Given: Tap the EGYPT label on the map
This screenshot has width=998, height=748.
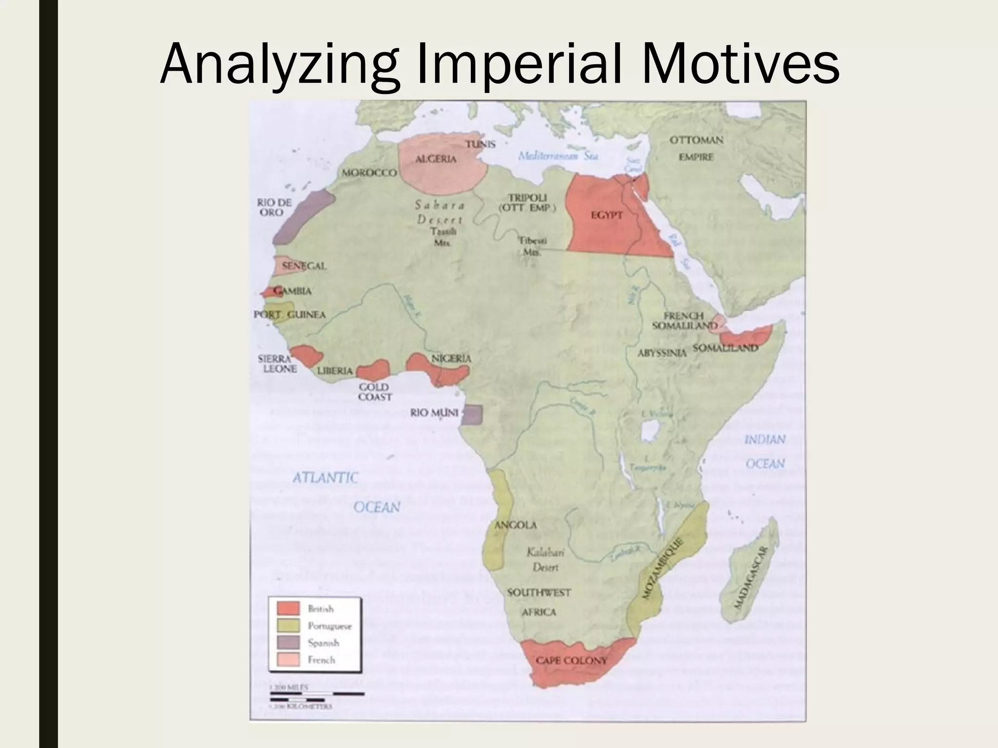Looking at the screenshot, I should pyautogui.click(x=607, y=215).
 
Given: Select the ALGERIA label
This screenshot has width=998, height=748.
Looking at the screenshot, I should pyautogui.click(x=436, y=159).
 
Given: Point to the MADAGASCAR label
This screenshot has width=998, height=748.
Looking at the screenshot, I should pyautogui.click(x=751, y=577).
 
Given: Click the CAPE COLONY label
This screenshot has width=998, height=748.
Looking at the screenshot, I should pyautogui.click(x=571, y=661).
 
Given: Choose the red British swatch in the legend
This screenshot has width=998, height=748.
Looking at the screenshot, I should pyautogui.click(x=288, y=609).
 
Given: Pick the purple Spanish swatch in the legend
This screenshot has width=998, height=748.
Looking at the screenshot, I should pyautogui.click(x=288, y=643).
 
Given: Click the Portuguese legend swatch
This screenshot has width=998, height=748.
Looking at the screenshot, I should pyautogui.click(x=288, y=626).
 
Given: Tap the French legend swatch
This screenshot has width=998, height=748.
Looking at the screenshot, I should pyautogui.click(x=288, y=660).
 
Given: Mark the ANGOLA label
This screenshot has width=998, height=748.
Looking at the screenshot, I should pyautogui.click(x=516, y=525).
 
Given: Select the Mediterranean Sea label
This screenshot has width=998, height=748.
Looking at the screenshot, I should pyautogui.click(x=557, y=156).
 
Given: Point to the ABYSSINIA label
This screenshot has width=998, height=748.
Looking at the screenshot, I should pyautogui.click(x=662, y=353).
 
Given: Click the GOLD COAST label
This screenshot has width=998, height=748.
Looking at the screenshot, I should pyautogui.click(x=374, y=392).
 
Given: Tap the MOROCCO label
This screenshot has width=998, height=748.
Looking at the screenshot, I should pyautogui.click(x=369, y=173).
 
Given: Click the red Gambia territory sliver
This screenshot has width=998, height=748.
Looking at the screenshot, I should pyautogui.click(x=269, y=292).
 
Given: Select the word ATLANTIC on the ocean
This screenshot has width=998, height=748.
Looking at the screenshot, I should pyautogui.click(x=325, y=477).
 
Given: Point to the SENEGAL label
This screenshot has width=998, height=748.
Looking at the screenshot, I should pyautogui.click(x=304, y=266).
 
